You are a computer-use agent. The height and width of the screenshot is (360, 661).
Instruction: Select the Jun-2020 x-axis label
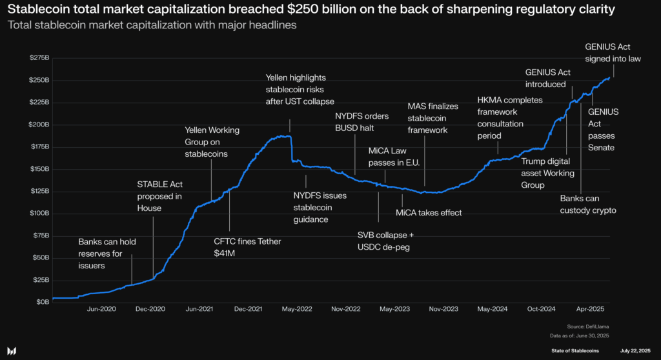101,309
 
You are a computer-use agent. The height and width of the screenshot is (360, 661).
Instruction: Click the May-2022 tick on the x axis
297,309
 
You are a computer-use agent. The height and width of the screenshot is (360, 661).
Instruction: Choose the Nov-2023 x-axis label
444,309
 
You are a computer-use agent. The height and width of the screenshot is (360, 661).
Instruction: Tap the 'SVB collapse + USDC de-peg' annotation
385,241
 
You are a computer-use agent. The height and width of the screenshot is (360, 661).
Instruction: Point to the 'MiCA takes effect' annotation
429,212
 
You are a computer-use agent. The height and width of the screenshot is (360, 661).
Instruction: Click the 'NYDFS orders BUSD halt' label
361,122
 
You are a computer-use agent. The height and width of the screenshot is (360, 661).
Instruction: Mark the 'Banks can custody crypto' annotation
587,205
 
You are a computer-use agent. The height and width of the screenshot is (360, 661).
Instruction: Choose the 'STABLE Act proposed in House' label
159,196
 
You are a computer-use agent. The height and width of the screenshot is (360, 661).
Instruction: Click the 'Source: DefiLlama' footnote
589,327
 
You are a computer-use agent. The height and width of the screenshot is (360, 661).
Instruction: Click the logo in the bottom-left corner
12,350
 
